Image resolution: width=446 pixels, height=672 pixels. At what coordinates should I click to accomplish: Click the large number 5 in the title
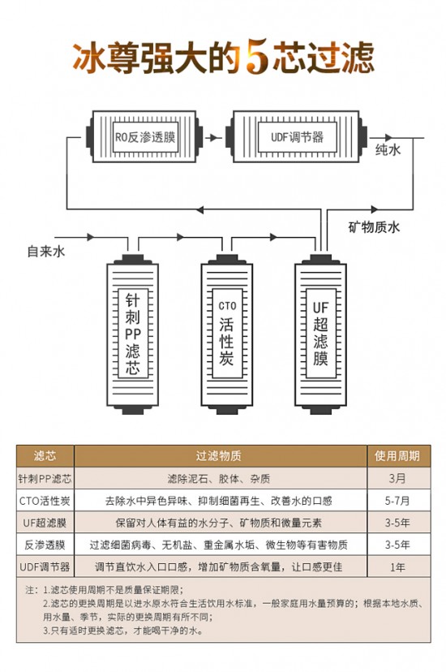(x=257, y=57)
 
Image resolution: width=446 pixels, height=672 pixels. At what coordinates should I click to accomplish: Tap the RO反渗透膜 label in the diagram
(x=145, y=137)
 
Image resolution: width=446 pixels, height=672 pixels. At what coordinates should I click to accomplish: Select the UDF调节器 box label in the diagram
(x=297, y=137)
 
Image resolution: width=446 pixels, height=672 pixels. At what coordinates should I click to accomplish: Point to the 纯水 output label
(x=388, y=149)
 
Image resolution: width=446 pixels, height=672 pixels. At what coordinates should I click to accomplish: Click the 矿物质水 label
(x=374, y=226)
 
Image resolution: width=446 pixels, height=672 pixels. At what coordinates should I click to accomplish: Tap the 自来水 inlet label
(x=46, y=251)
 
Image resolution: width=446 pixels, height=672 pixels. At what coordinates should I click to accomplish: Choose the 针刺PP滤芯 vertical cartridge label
(x=133, y=334)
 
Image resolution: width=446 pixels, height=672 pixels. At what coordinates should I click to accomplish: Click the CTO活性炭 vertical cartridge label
(x=227, y=333)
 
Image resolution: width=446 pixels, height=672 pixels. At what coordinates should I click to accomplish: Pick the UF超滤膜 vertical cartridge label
(x=320, y=334)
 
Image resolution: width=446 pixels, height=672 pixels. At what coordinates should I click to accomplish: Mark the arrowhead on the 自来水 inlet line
(x=90, y=237)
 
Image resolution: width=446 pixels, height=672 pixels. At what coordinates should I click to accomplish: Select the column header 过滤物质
(x=219, y=456)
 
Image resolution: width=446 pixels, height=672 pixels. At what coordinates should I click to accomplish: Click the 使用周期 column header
(x=397, y=456)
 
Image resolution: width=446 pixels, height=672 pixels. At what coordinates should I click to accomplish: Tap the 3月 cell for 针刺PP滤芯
(x=397, y=478)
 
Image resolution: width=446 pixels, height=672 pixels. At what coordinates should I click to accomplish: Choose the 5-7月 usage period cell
(x=397, y=501)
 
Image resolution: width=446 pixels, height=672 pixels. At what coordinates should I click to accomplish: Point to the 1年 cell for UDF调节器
(x=397, y=567)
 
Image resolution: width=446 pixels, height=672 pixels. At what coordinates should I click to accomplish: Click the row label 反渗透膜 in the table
(x=45, y=545)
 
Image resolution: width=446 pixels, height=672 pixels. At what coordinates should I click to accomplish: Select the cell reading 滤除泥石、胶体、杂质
(x=219, y=478)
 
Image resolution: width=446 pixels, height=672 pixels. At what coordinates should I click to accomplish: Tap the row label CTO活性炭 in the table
(x=45, y=501)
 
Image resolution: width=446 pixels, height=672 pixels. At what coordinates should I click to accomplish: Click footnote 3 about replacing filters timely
(x=122, y=631)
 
